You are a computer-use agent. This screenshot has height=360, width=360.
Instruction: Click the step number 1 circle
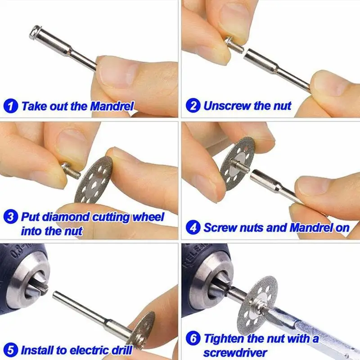[11, 107]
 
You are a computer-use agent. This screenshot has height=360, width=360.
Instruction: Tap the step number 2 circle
[193, 107]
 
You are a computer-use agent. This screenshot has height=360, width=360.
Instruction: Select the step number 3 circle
[11, 217]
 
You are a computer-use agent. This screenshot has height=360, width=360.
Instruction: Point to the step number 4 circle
[193, 227]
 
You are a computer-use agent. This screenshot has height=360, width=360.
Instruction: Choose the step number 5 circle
[11, 349]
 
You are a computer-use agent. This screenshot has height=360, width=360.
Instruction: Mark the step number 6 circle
[193, 338]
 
